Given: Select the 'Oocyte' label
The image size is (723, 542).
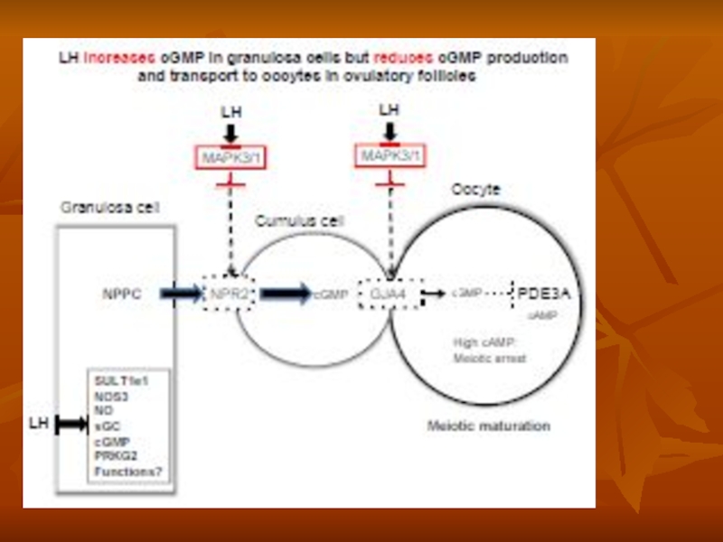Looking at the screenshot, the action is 475,190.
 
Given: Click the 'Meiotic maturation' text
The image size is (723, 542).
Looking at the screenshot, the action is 489,425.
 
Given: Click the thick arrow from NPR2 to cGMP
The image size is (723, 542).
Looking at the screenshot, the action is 286,294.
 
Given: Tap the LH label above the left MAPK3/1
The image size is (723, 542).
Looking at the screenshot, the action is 233,112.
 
